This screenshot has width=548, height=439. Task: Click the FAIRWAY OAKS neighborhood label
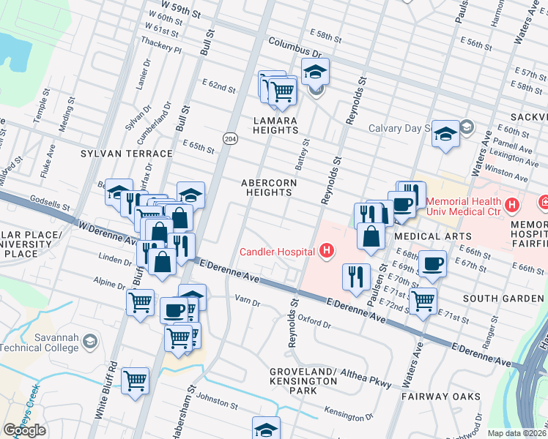441,397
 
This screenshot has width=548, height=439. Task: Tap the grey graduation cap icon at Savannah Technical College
89,342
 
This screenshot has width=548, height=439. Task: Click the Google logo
24,430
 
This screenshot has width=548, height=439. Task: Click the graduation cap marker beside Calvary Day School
445,134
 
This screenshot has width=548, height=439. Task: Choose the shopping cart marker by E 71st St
423,300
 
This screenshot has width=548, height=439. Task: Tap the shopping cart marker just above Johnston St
136,380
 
